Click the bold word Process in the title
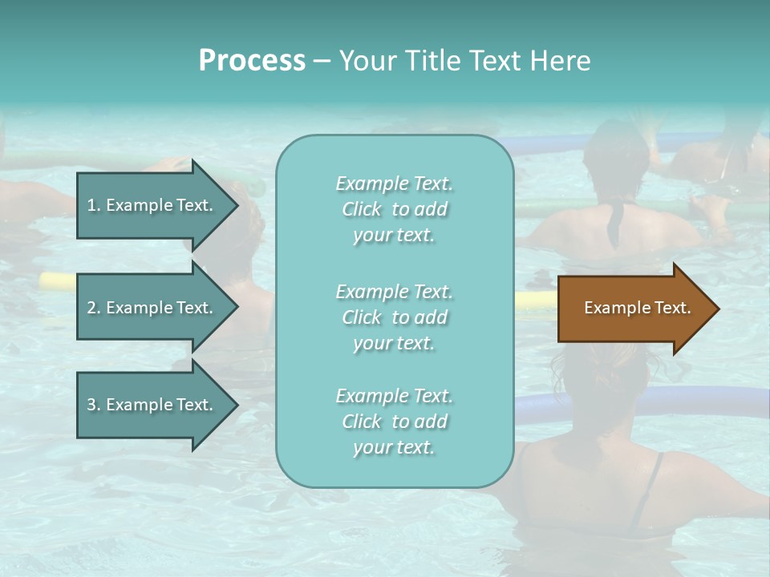(x=252, y=61)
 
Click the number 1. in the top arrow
(x=94, y=206)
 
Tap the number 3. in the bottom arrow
(x=94, y=406)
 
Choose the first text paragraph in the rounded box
(x=394, y=209)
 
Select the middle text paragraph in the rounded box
(x=394, y=317)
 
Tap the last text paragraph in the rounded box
(x=394, y=422)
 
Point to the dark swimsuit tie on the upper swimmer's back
(x=614, y=224)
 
